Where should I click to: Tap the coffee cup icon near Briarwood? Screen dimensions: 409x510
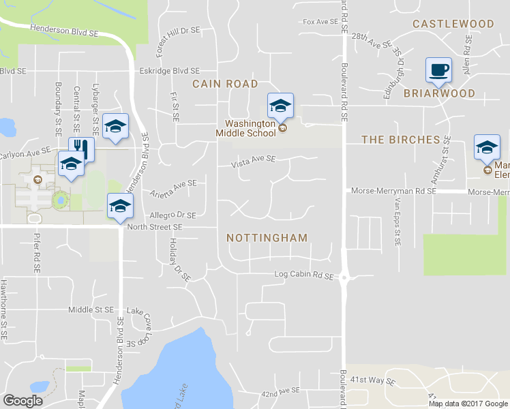coord(438,69)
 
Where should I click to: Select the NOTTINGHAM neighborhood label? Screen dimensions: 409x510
coord(267,238)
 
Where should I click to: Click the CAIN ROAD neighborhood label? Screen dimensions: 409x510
coord(225,84)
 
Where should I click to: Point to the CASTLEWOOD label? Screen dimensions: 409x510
coord(453,24)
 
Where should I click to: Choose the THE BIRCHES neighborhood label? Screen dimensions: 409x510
coord(400,140)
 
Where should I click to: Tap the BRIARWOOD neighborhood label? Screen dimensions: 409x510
coord(438,93)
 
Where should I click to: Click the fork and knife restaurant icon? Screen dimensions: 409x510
coord(81,148)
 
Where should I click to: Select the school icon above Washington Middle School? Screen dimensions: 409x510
coord(280,105)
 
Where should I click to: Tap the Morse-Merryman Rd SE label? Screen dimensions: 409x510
coord(393,192)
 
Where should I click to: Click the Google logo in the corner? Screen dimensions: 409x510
coord(22,400)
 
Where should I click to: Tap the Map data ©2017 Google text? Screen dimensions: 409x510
coord(467,404)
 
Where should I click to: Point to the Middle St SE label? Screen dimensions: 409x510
coord(90,309)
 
